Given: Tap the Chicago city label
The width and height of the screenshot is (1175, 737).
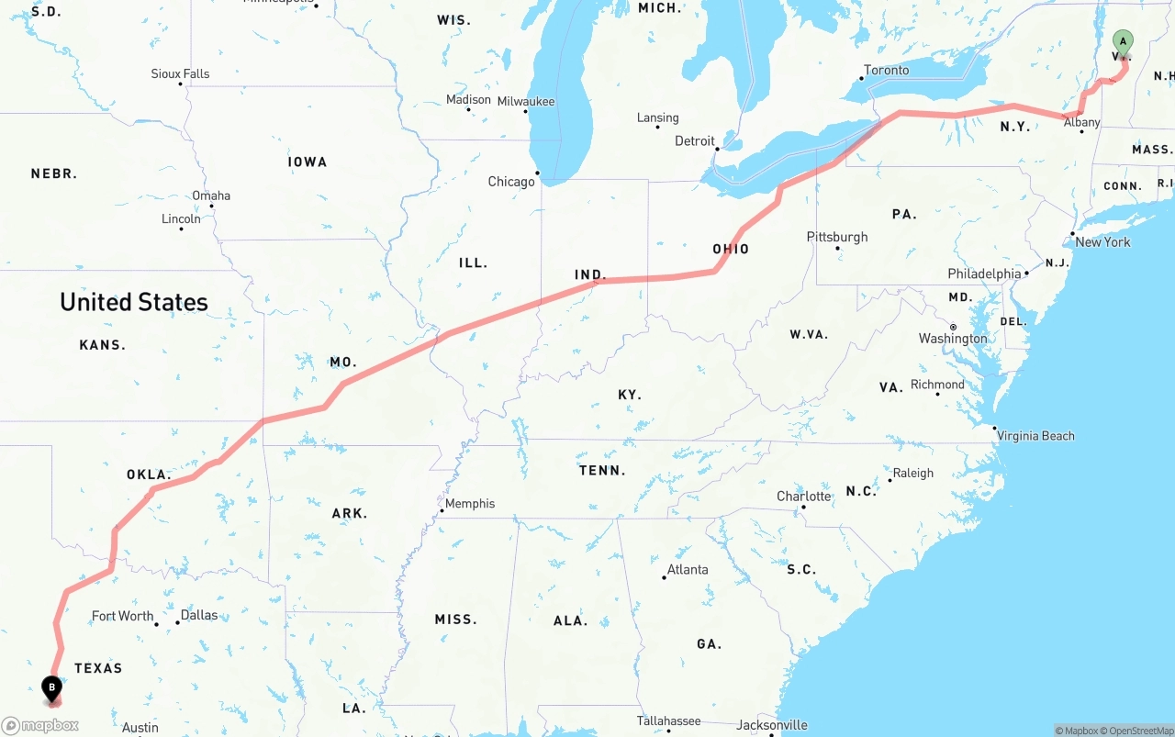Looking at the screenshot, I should [511, 182].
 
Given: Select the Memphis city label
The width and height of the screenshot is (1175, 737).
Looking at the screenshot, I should [469, 504].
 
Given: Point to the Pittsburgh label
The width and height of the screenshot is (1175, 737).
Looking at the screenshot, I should [836, 237].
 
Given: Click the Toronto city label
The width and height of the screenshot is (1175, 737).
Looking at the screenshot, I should [887, 70].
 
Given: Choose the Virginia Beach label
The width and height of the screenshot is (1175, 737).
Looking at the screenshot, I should [1035, 436].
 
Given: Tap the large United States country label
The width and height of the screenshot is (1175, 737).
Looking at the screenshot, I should [134, 302].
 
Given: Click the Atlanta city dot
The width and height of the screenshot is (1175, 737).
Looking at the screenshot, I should [664, 577].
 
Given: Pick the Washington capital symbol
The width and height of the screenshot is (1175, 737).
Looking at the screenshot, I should [953, 327].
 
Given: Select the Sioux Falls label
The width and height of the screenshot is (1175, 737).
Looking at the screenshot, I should [180, 73].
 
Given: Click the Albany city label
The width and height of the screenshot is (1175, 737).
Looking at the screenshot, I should [1081, 122].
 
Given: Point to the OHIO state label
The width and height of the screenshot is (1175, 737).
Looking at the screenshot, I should [731, 250].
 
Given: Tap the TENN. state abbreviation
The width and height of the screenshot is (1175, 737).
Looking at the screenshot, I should [602, 471].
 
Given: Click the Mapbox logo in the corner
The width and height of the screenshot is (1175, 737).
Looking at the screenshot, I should [40, 725].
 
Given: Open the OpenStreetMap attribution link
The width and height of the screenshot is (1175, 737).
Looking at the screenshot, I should [1139, 731].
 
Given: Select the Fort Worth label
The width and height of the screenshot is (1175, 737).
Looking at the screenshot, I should [122, 616].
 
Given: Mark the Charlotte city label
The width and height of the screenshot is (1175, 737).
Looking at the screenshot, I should [803, 497].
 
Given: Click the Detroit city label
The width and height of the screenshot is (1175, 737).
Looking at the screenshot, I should [694, 140].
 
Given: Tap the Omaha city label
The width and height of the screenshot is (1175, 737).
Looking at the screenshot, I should [211, 195].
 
